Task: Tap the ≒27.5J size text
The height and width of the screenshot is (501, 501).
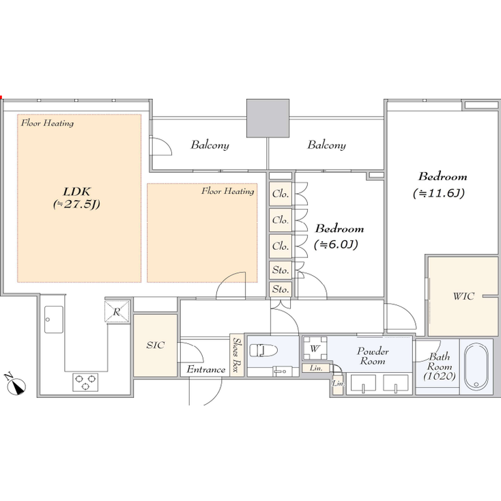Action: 76,205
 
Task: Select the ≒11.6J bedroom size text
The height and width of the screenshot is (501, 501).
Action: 439,193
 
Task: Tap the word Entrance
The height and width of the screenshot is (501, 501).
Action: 206,370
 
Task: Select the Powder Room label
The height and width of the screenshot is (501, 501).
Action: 373,356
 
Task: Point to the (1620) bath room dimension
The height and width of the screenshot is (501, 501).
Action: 435,376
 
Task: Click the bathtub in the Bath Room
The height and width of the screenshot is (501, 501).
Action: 477,367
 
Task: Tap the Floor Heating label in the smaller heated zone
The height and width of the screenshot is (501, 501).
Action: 227,191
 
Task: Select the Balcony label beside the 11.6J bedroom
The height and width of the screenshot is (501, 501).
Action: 326,145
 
